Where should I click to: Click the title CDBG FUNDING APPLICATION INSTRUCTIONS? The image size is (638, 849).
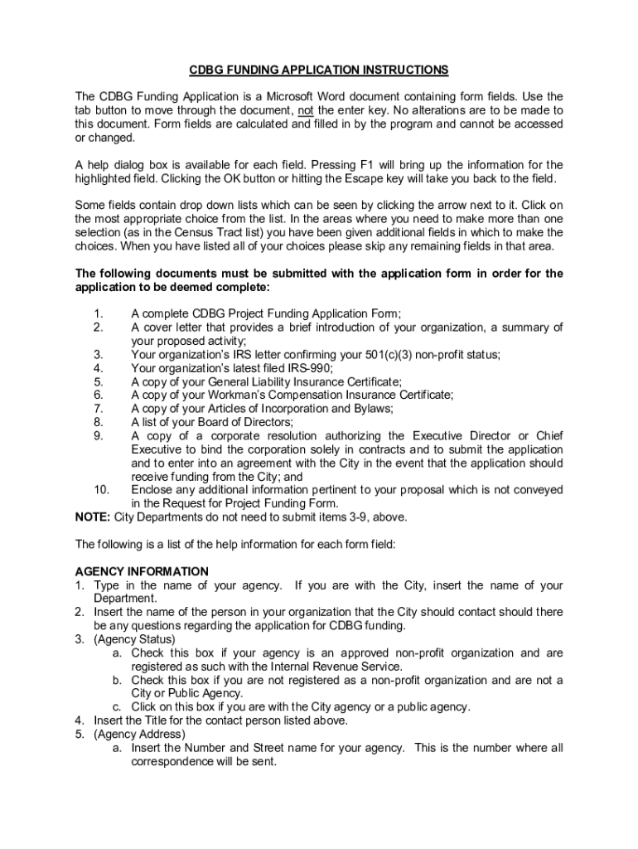pyautogui.click(x=319, y=70)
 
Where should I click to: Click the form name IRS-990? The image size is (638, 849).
pyautogui.click(x=310, y=368)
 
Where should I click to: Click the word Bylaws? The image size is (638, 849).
pyautogui.click(x=373, y=409)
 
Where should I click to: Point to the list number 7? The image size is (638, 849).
pyautogui.click(x=98, y=409)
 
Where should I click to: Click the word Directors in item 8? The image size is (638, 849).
pyautogui.click(x=266, y=422)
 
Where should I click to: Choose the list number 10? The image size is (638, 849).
pyautogui.click(x=101, y=490)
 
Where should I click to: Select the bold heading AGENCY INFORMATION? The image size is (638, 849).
pyautogui.click(x=142, y=572)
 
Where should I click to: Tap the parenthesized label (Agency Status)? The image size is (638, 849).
pyautogui.click(x=134, y=639)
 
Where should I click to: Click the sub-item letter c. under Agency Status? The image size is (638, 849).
pyautogui.click(x=118, y=707)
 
